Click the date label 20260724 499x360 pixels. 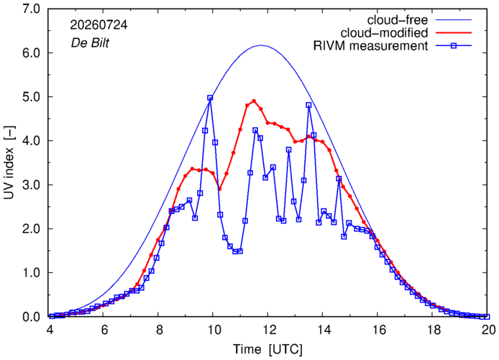click(x=99, y=25)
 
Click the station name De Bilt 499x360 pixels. click(x=90, y=42)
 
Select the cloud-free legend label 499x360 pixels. click(x=397, y=20)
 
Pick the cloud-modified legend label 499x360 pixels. click(x=384, y=33)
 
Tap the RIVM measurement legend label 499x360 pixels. click(x=370, y=46)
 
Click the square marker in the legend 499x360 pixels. click(x=454, y=46)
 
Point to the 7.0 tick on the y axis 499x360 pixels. click(x=31, y=9)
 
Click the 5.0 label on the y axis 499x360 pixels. click(x=31, y=97)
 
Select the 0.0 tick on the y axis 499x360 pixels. click(x=31, y=317)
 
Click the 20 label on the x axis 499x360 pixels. click(x=487, y=330)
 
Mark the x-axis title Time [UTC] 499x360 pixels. click(x=267, y=349)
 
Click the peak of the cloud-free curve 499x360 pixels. click(x=261, y=45)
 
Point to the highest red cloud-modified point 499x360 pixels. click(x=254, y=101)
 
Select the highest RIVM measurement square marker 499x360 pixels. click(x=210, y=98)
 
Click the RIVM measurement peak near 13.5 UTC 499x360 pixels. click(x=308, y=105)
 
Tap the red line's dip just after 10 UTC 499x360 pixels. click(x=219, y=189)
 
